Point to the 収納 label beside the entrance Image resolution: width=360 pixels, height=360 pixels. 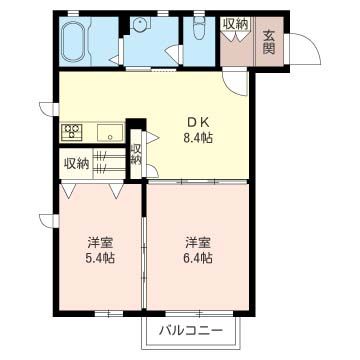[236, 23]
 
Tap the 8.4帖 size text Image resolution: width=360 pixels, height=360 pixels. [197, 139]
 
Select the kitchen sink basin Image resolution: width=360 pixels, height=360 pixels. [108, 131]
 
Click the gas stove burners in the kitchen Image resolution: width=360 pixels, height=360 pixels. [73, 131]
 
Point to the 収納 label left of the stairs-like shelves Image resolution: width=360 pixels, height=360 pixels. [77, 163]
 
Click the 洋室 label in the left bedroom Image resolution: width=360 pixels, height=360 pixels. [98, 242]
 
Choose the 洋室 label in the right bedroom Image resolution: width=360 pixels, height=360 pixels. [196, 242]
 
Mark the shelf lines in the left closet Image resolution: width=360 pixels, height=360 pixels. [109, 162]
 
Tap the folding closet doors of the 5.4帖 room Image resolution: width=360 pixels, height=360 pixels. [93, 188]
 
